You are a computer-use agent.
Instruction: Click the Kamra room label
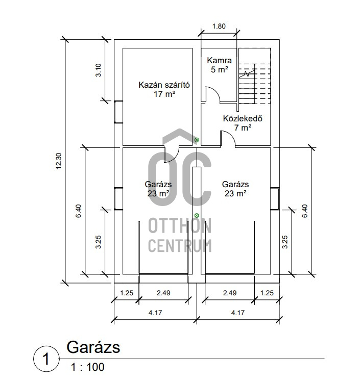click(x=220, y=60)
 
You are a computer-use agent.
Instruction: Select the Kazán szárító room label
click(x=164, y=85)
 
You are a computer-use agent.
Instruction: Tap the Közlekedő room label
click(x=243, y=119)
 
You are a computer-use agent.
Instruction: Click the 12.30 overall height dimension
click(x=59, y=162)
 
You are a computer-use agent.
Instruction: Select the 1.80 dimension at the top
click(x=219, y=27)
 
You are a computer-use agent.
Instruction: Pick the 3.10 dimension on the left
click(x=99, y=69)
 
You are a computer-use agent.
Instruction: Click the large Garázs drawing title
click(x=93, y=347)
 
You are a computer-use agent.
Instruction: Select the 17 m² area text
click(x=164, y=94)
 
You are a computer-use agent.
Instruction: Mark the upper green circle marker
click(x=197, y=140)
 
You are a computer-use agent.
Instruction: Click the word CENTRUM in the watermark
click(x=179, y=245)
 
